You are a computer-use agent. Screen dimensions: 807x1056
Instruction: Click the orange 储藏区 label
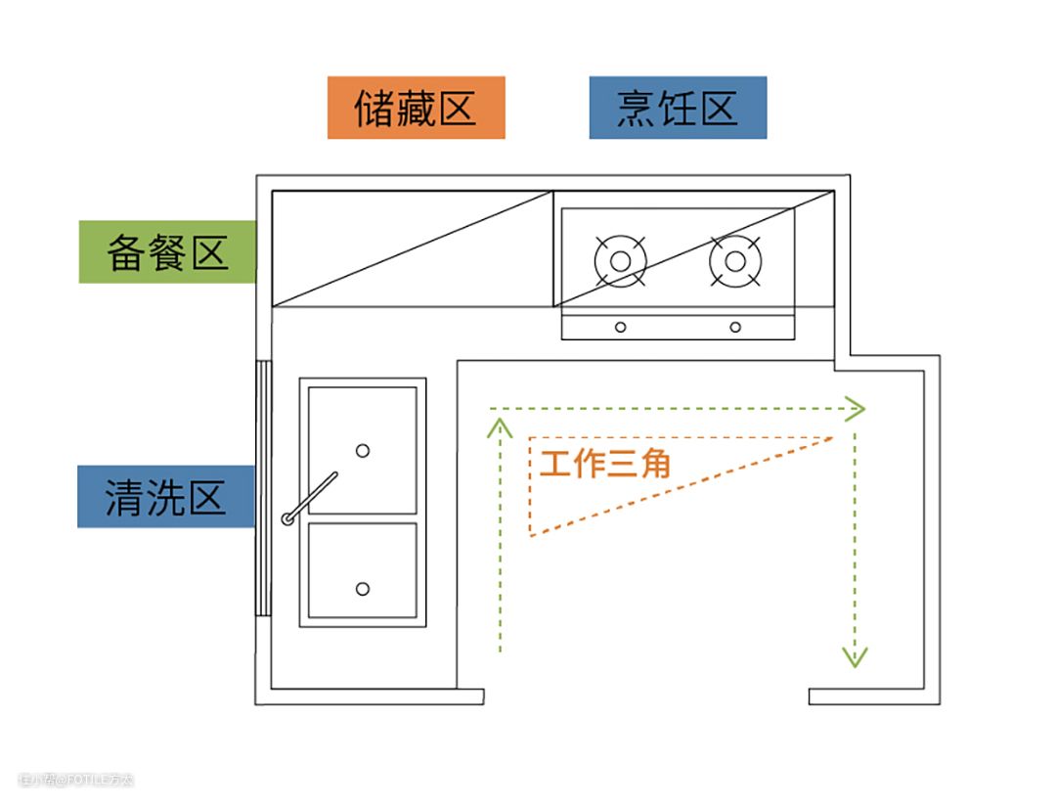click(416, 108)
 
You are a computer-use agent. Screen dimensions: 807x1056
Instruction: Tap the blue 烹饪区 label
click(678, 108)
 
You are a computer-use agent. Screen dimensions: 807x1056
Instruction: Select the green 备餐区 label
click(166, 252)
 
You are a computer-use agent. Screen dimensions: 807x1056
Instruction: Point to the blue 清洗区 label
click(165, 497)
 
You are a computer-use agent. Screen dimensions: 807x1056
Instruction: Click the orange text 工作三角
click(605, 463)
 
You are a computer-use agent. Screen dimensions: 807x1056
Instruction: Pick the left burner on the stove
click(620, 261)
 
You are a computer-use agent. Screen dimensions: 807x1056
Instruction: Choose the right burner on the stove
click(735, 261)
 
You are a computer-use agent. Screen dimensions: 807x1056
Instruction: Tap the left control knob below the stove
click(620, 327)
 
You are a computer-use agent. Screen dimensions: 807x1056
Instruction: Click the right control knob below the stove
click(735, 327)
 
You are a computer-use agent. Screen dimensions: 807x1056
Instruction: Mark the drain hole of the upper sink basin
click(363, 450)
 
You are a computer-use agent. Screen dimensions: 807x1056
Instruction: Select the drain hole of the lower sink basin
click(363, 589)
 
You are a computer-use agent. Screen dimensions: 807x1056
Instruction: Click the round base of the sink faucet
click(288, 518)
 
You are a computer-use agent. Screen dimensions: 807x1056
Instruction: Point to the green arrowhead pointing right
click(856, 409)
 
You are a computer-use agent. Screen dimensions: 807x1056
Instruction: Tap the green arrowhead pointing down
click(856, 656)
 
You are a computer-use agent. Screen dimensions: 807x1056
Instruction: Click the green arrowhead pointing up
click(501, 426)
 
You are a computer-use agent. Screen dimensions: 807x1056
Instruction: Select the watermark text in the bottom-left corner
click(75, 780)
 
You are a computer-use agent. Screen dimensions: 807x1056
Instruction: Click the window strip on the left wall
click(262, 488)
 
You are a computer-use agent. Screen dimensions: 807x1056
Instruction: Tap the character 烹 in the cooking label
click(637, 108)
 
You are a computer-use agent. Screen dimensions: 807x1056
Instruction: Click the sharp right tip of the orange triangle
click(831, 438)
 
